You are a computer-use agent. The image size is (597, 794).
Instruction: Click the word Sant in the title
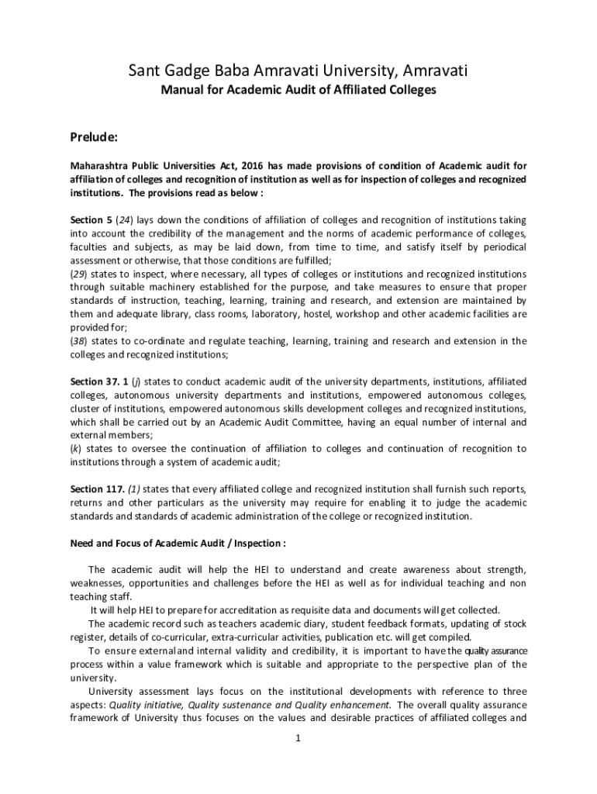tap(145, 71)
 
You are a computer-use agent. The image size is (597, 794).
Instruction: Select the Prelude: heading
tap(94, 137)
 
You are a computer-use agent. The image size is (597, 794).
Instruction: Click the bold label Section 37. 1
tap(99, 381)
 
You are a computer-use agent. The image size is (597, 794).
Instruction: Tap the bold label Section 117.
tap(97, 489)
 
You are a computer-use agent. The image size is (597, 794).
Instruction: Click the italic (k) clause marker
tap(76, 449)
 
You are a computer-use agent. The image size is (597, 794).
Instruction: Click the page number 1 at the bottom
tap(298, 737)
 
